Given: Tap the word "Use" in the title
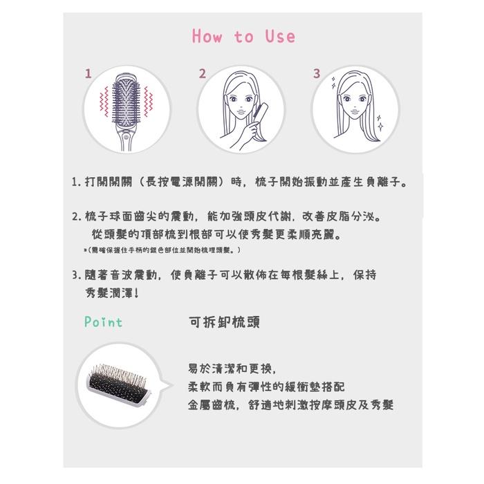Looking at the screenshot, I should click(x=279, y=37).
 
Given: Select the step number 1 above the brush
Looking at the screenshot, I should click(x=88, y=73).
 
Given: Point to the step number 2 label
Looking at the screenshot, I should click(x=202, y=73).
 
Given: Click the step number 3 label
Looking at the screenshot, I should click(x=317, y=73).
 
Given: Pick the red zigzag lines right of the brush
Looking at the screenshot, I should click(x=148, y=100).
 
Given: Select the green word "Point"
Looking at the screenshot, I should click(x=103, y=322).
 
